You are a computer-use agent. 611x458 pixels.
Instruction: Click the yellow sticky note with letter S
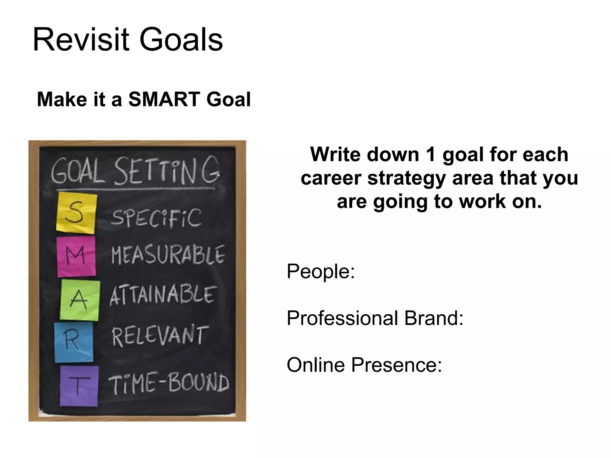click(76, 213)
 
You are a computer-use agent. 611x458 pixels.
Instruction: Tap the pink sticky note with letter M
click(76, 256)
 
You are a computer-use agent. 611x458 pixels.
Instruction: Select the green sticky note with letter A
click(80, 300)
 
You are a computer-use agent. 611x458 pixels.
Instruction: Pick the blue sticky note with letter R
click(73, 342)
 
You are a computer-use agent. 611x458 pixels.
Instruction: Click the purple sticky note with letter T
click(79, 386)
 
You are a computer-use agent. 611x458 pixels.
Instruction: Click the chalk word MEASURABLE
click(168, 255)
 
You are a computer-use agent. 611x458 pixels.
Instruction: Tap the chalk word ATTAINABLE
click(163, 295)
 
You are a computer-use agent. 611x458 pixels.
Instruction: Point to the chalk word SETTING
click(167, 171)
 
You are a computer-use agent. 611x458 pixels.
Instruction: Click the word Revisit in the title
click(81, 40)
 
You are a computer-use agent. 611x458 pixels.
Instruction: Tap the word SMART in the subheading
click(164, 99)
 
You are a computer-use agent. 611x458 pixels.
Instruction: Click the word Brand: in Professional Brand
click(434, 318)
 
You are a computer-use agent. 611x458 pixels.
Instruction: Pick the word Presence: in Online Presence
click(396, 365)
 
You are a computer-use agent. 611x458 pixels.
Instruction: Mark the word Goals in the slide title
click(181, 40)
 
